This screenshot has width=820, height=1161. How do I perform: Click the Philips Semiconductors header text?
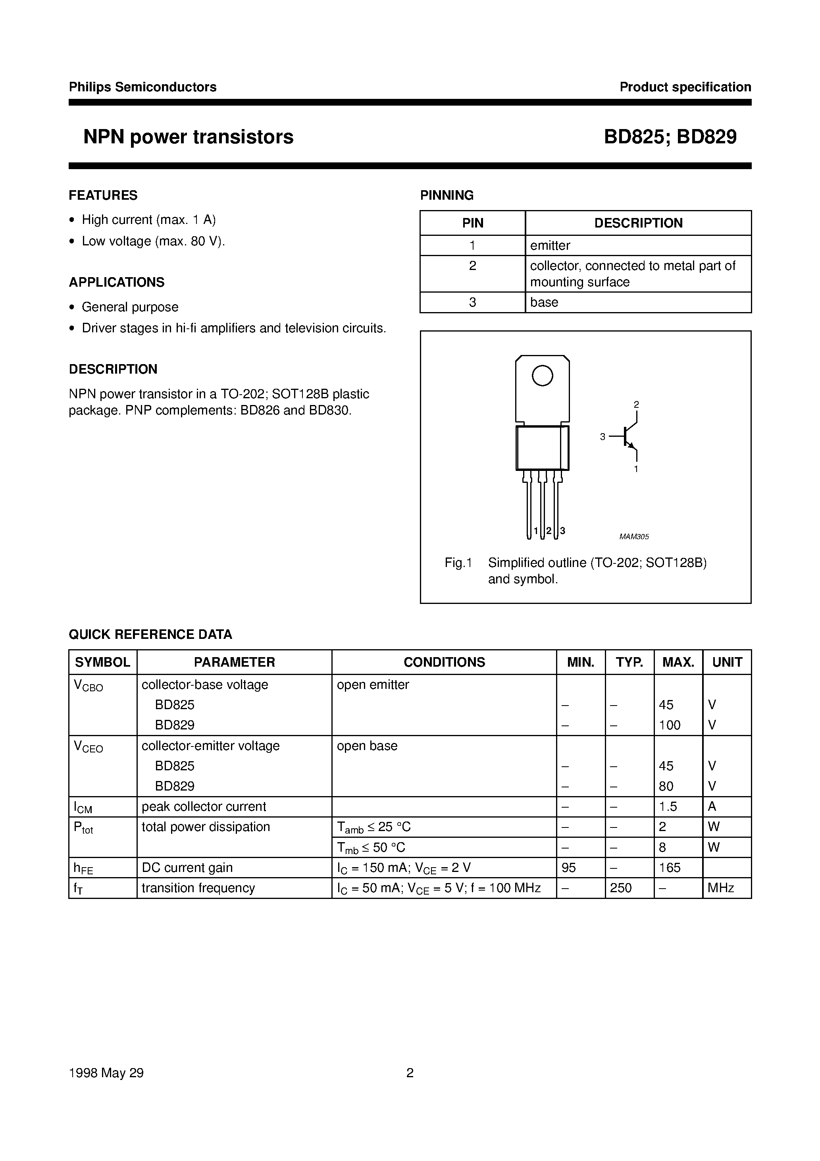point(142,87)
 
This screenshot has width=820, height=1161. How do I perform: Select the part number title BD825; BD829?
point(670,137)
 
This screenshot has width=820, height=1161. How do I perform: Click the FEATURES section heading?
point(103,195)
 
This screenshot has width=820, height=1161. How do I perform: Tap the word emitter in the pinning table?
point(550,246)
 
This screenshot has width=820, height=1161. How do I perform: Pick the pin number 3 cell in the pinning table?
point(472,303)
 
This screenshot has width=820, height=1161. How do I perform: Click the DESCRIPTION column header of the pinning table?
point(638,223)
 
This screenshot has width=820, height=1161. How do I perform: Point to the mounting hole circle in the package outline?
point(543,376)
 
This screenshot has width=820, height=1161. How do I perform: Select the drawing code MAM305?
point(634,537)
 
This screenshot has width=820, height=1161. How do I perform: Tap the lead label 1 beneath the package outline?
point(536,531)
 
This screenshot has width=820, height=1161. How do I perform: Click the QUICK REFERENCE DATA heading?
point(150,634)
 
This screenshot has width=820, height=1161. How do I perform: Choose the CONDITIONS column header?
point(444,662)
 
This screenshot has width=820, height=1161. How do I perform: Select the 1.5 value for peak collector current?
point(668,806)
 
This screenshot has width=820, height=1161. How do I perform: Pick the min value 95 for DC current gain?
point(569,868)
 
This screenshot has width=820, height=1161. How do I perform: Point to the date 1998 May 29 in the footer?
point(106,1073)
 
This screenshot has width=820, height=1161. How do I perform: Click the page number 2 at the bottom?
point(410,1073)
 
